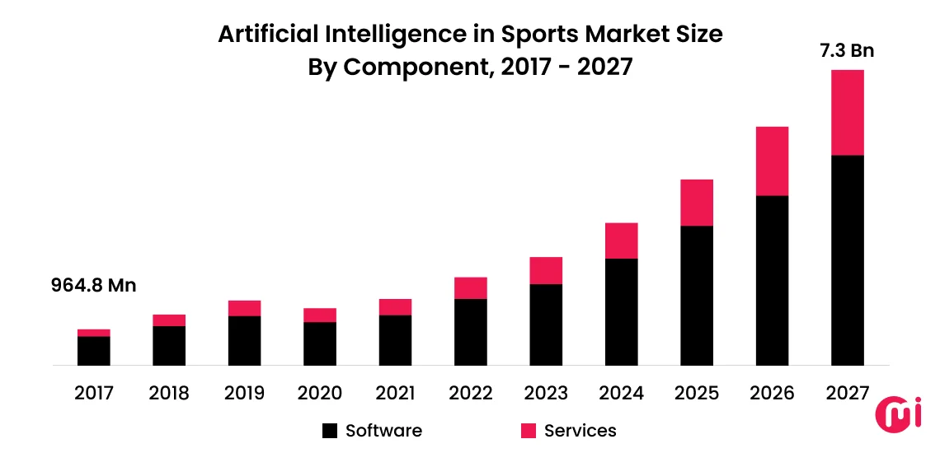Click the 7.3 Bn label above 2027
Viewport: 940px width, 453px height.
pos(847,51)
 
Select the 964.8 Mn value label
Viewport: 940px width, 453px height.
pos(93,286)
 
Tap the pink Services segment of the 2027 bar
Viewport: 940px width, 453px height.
pos(847,113)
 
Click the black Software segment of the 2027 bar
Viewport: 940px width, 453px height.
pos(847,259)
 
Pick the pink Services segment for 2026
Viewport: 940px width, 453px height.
pos(772,161)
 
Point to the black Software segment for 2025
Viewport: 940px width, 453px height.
pos(697,295)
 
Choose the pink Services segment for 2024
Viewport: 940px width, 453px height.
pos(621,241)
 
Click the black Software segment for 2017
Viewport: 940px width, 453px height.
pos(94,350)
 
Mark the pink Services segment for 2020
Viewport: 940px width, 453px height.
pos(320,315)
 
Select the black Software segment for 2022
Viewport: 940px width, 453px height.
pos(470,331)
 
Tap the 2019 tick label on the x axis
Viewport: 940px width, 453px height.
pos(244,394)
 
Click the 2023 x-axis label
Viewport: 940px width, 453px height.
pos(546,394)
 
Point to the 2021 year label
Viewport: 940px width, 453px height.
pos(395,394)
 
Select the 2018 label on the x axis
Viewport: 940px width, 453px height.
pos(169,394)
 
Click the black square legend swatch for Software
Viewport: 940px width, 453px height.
pos(330,431)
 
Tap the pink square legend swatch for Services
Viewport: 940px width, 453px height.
pos(529,431)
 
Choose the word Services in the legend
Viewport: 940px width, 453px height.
pos(580,431)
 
